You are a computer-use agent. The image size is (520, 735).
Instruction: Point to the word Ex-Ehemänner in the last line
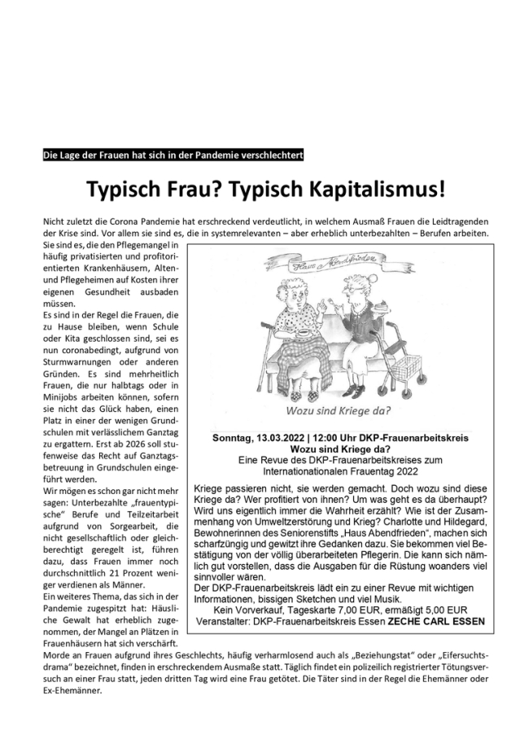[74, 691]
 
